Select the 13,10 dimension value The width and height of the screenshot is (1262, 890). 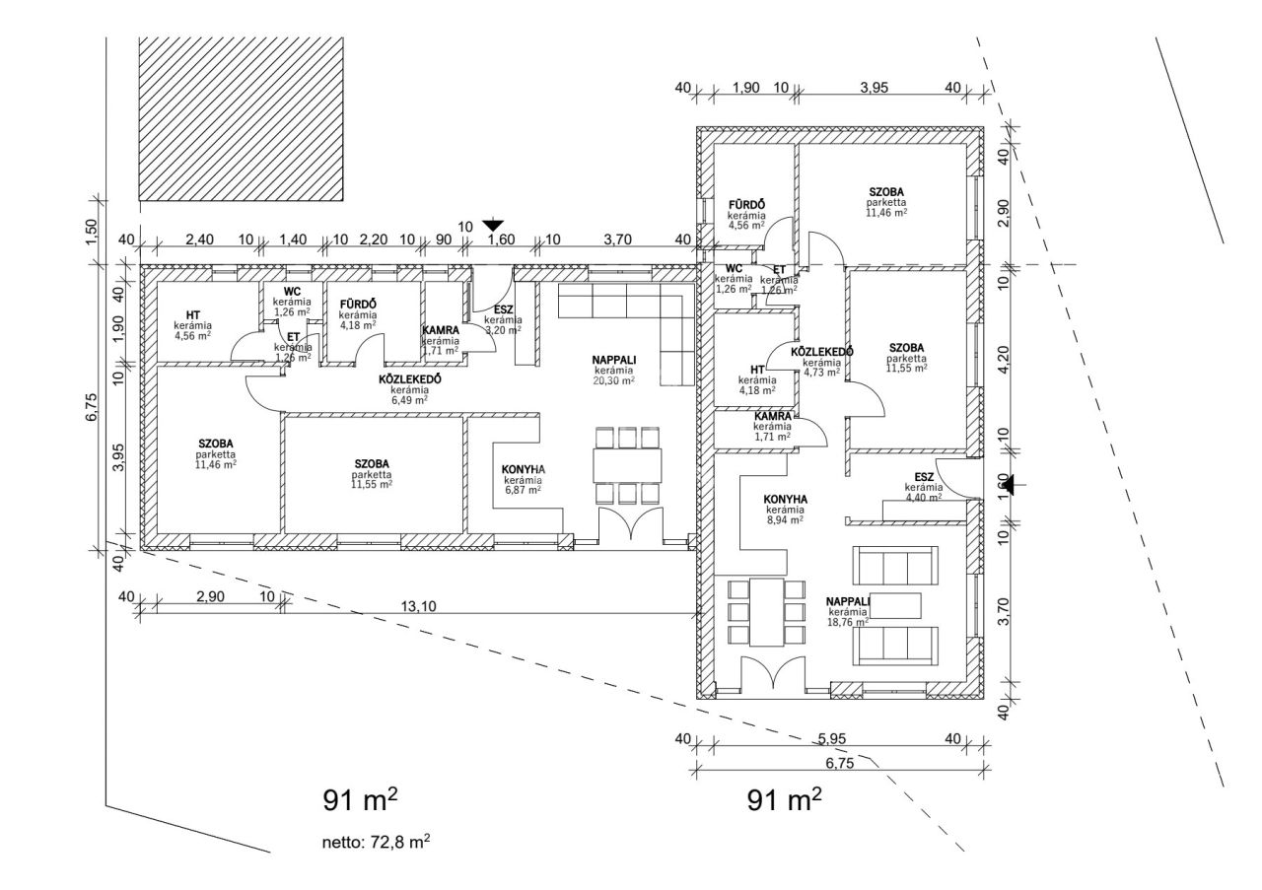click(419, 606)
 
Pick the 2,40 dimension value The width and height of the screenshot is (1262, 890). click(200, 240)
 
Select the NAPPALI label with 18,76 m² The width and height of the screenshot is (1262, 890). click(848, 601)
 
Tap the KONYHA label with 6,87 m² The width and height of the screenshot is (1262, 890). click(524, 469)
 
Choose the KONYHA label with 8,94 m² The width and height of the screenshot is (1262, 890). click(786, 499)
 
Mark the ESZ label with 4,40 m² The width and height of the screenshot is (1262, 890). click(924, 477)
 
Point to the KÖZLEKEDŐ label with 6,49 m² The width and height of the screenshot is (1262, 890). click(409, 378)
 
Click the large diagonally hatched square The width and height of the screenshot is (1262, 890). click(242, 118)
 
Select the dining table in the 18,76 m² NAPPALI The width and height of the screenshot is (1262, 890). click(766, 611)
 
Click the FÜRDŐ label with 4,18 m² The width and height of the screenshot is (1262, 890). click(358, 304)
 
